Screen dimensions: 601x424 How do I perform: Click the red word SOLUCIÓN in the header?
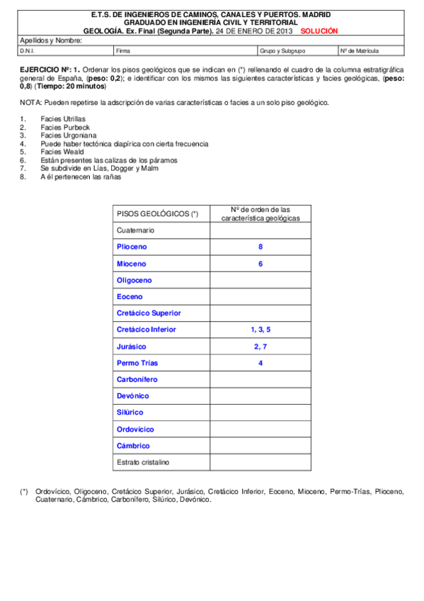click(x=319, y=31)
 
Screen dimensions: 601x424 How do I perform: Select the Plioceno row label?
click(x=132, y=247)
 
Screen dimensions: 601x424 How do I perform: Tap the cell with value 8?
click(x=260, y=247)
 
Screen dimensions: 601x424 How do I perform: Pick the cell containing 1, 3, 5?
click(x=260, y=330)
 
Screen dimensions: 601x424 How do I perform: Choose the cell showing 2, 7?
click(x=260, y=347)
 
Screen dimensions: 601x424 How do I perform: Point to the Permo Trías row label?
click(x=137, y=363)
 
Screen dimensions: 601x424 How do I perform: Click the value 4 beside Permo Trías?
click(x=260, y=363)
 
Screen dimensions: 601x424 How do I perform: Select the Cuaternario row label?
click(x=135, y=230)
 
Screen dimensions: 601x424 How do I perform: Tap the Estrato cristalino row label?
click(x=142, y=462)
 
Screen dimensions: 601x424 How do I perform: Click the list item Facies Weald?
click(x=62, y=152)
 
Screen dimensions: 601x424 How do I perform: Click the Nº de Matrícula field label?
click(x=360, y=52)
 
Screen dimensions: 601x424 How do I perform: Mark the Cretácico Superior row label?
click(x=149, y=313)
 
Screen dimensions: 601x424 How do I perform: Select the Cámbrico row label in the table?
click(x=133, y=446)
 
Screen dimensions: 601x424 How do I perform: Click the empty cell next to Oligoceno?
click(x=260, y=280)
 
